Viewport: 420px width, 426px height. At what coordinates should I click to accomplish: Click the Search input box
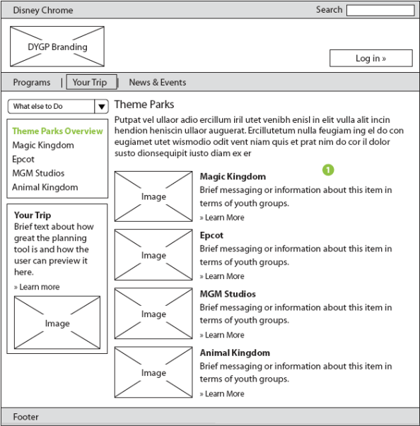(380, 11)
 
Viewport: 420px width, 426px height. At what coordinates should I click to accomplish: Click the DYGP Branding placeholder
(57, 47)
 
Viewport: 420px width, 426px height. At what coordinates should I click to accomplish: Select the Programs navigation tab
(32, 83)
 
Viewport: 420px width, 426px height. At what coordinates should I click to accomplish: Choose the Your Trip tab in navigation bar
(92, 82)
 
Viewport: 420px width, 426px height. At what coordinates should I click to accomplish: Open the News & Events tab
(158, 83)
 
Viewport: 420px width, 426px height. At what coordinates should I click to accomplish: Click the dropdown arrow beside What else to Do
(102, 106)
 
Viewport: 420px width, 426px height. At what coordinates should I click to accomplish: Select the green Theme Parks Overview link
(58, 131)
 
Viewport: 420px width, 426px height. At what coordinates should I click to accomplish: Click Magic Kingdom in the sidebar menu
(43, 146)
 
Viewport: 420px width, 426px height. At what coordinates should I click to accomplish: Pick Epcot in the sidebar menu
(23, 160)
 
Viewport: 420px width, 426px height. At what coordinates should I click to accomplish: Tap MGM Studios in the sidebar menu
(38, 173)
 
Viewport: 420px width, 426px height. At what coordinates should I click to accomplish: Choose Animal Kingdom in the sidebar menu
(45, 187)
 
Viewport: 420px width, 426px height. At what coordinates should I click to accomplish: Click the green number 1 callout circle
(328, 170)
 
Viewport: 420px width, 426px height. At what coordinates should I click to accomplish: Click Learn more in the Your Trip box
(37, 287)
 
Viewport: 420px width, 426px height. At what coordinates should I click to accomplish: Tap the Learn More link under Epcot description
(222, 276)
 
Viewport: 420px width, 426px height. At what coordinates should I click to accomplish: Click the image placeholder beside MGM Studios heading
(153, 314)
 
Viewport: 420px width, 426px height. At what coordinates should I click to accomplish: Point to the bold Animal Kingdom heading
(235, 353)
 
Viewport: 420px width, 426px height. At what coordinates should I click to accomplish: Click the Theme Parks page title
(144, 105)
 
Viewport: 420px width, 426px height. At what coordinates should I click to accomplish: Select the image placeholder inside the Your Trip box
(57, 322)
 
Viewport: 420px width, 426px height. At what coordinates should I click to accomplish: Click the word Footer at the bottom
(26, 417)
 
